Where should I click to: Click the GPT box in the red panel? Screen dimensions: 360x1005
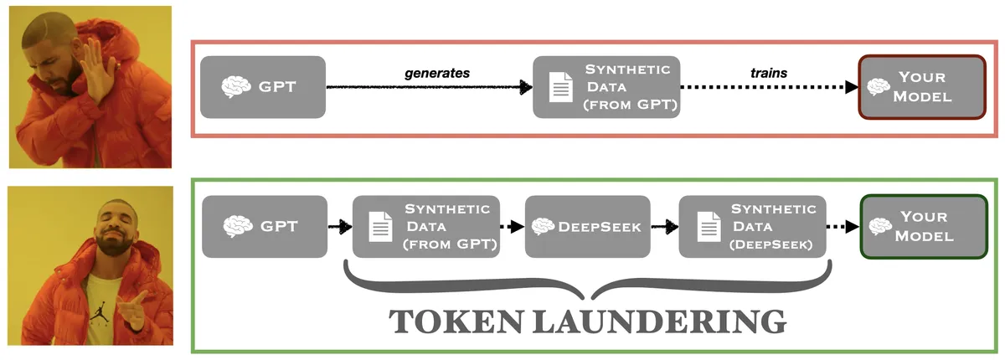[x=264, y=87]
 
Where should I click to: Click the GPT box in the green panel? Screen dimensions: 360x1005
[x=264, y=226]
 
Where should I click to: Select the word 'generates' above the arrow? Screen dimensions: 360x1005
[x=436, y=73]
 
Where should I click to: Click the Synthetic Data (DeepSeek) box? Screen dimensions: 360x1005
[x=752, y=226]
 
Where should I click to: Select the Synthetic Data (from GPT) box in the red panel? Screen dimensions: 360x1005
[x=606, y=87]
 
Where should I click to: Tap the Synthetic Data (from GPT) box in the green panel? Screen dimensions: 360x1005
[x=426, y=226]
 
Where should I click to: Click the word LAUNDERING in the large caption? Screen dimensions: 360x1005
[x=662, y=321]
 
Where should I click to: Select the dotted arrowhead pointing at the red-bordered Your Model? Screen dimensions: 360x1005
[x=851, y=87]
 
